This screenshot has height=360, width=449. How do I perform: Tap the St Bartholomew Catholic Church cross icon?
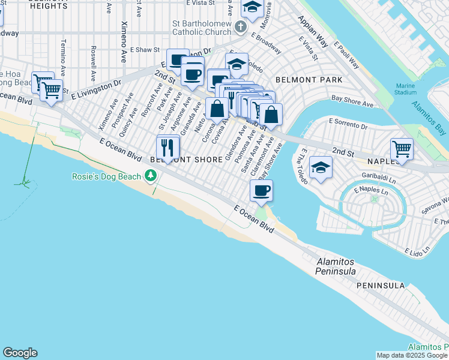tap(240, 27)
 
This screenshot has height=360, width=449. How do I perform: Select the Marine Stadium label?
tap(406, 89)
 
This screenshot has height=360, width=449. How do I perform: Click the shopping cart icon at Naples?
tap(402, 148)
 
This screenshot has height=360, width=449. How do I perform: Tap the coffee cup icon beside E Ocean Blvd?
tap(261, 191)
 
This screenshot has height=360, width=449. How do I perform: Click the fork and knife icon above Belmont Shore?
tap(168, 146)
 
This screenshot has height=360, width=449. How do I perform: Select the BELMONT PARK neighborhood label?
tap(309, 80)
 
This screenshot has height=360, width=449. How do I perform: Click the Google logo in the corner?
tap(20, 353)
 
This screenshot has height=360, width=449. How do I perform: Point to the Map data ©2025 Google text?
tap(412, 356)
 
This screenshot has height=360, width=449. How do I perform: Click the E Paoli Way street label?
tap(346, 56)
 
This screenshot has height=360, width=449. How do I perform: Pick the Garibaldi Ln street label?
tap(379, 179)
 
